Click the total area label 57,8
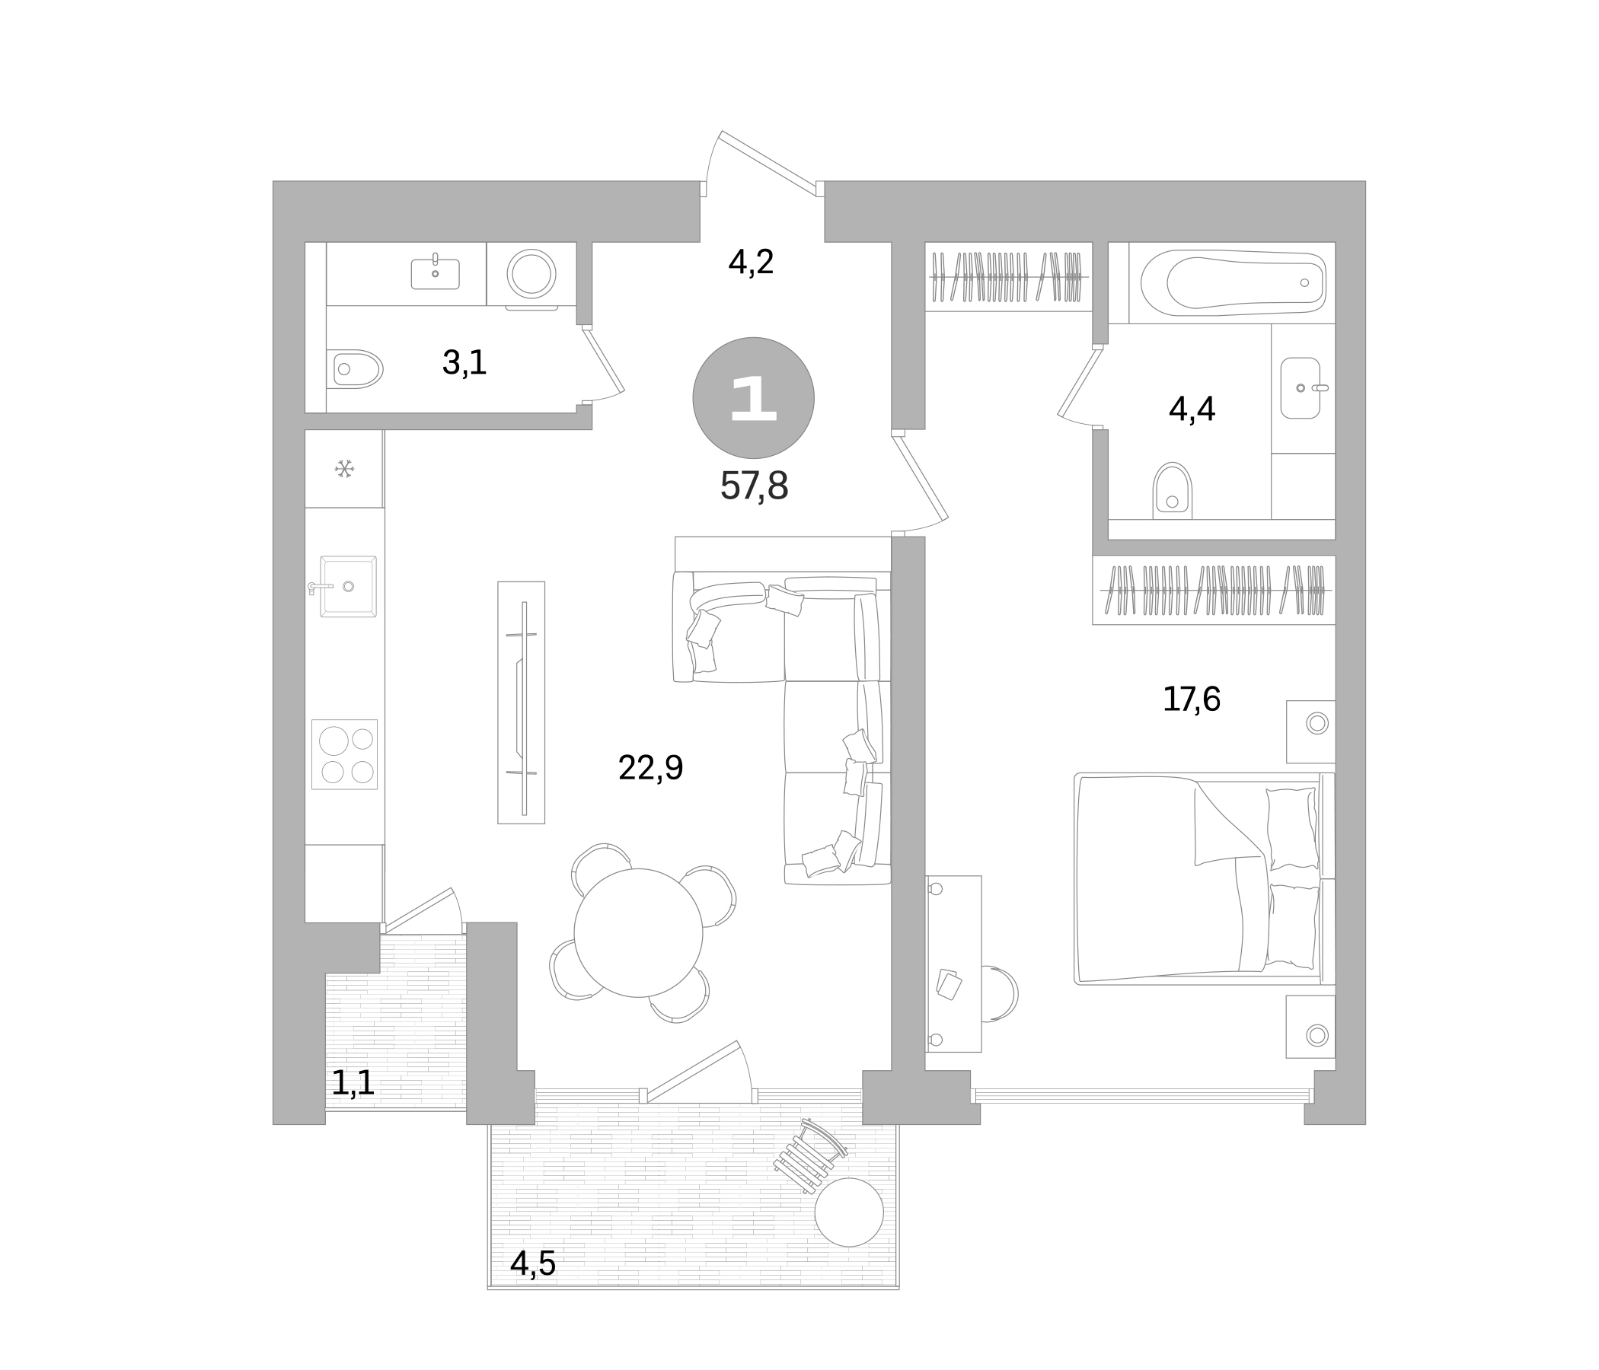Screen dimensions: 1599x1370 (754, 486)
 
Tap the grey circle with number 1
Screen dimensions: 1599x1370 (753, 398)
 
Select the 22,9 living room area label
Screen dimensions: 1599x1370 (650, 768)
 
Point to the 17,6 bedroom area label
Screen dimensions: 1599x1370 (1192, 699)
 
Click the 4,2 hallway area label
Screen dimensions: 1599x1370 (751, 263)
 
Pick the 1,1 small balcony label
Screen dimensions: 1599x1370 (353, 1084)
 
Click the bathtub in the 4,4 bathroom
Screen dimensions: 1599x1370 (1234, 282)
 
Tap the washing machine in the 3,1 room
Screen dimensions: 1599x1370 (531, 274)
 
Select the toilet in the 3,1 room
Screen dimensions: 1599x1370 (355, 368)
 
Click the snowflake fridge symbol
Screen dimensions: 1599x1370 (344, 468)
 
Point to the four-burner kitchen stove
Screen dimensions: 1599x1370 (344, 754)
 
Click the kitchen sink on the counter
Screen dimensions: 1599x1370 (348, 586)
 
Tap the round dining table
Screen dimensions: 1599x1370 (638, 932)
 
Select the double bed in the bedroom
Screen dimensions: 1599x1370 (1204, 879)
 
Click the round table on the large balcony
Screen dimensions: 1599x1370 (849, 1212)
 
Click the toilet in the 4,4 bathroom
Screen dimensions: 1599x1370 (1173, 491)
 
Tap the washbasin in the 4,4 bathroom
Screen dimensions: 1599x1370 (1301, 388)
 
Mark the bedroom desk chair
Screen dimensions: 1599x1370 (1001, 993)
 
